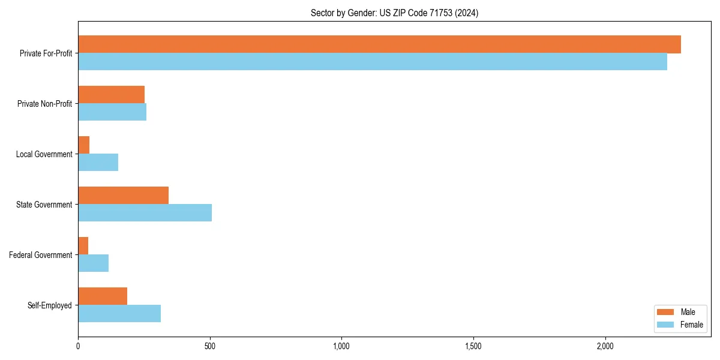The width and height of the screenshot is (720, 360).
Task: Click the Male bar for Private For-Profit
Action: pos(379,44)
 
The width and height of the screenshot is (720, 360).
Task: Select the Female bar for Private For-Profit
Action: pos(373,62)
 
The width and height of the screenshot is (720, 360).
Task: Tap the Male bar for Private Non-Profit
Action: pos(112,95)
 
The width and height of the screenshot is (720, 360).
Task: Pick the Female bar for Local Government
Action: pos(98,163)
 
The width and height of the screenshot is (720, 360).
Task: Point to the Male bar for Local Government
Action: pos(84,145)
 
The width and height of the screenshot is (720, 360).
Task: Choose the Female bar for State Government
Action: pos(145,213)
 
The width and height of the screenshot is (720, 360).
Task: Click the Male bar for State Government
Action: pos(124,196)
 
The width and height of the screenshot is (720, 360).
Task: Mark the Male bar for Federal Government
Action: pos(83,246)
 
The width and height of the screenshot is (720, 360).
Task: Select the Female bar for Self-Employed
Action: pos(119,314)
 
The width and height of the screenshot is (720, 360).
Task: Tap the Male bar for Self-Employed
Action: pos(103,296)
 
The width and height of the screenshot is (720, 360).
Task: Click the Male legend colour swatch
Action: pos(666,312)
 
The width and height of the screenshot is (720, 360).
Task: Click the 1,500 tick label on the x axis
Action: pos(473,346)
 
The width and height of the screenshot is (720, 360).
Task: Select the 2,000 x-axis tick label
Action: pos(605,346)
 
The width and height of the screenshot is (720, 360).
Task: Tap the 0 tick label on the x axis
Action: pos(78,346)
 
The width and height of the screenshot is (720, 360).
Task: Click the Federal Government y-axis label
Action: pos(41,255)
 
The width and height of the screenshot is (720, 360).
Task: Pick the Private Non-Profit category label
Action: pos(44,104)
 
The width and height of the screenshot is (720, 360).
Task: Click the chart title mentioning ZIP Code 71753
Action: pos(394,13)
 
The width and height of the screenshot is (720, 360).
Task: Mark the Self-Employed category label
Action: pos(50,305)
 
